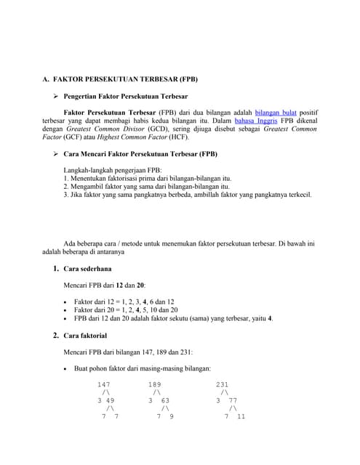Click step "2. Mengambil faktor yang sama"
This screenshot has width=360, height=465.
pos(148,186)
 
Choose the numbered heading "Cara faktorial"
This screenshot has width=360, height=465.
pos(86,336)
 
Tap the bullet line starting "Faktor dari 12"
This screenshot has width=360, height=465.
pos(124,302)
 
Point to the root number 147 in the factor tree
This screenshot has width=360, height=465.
pos(104,384)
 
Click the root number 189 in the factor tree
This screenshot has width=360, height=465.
pos(155,384)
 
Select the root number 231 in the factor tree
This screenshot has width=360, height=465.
pos(223,384)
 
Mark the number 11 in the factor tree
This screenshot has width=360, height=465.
pos(241,417)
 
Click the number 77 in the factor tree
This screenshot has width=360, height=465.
pos(232,400)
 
